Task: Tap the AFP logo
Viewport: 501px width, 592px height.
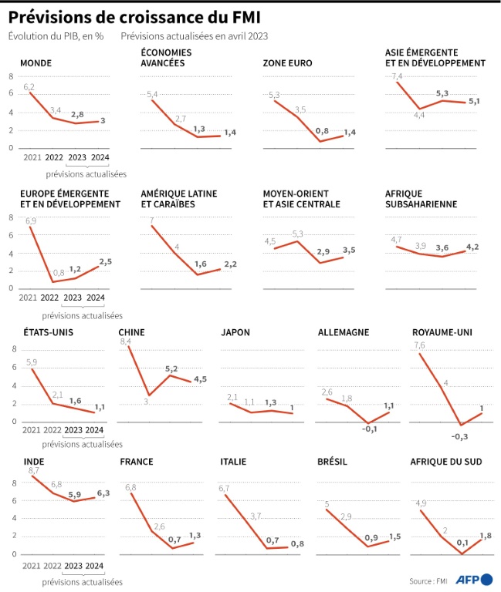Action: pyautogui.click(x=470, y=580)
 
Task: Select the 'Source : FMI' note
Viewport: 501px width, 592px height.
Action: pyautogui.click(x=429, y=580)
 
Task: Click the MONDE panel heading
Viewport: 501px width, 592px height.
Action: pyautogui.click(x=36, y=63)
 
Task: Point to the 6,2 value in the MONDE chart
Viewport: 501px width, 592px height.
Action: pyautogui.click(x=29, y=86)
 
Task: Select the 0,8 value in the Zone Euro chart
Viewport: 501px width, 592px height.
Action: pyautogui.click(x=322, y=131)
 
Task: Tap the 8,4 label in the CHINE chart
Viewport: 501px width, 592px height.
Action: pyautogui.click(x=127, y=341)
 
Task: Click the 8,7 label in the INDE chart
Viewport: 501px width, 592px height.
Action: pyautogui.click(x=32, y=470)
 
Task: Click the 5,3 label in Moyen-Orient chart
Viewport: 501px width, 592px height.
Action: pyautogui.click(x=297, y=234)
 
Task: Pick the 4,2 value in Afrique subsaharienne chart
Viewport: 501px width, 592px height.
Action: pyautogui.click(x=472, y=246)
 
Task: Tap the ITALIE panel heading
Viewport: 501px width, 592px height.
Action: pyautogui.click(x=234, y=462)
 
